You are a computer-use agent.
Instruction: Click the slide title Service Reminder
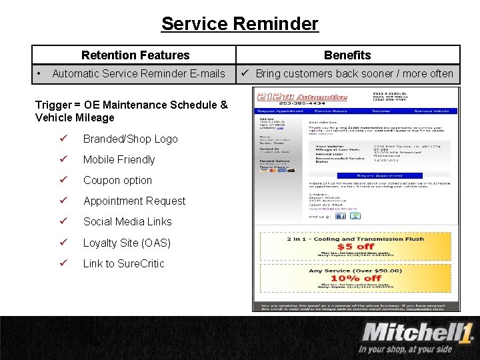pos(239,24)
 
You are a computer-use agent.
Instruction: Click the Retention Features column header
pos(135,55)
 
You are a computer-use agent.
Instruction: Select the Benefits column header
pos(347,55)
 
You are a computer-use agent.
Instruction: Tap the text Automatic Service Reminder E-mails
pos(139,73)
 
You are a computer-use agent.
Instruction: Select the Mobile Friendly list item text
pos(119,159)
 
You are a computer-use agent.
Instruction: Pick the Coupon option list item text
pos(117,180)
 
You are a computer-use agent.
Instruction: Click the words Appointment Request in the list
pos(134,201)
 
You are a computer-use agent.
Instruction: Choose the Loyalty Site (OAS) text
pos(127,243)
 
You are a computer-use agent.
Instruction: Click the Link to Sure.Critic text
pos(123,263)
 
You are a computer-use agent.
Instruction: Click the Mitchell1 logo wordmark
pos(417,332)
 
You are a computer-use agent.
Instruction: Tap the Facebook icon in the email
pos(340,215)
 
